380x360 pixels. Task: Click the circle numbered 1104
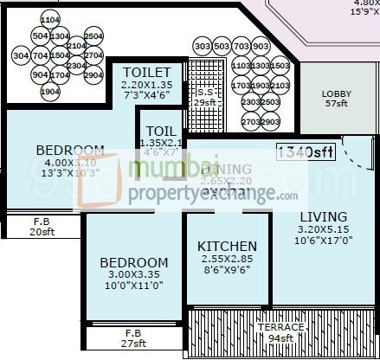click(x=49, y=18)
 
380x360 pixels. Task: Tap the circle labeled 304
click(x=21, y=55)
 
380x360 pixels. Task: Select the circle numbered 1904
click(x=49, y=92)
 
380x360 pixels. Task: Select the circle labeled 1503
click(x=280, y=66)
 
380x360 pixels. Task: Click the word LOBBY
click(x=336, y=94)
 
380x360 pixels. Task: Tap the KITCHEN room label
click(x=226, y=246)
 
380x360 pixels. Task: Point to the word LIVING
click(x=323, y=216)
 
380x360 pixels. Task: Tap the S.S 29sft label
click(x=204, y=97)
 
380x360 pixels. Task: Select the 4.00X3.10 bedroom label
click(x=71, y=163)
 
